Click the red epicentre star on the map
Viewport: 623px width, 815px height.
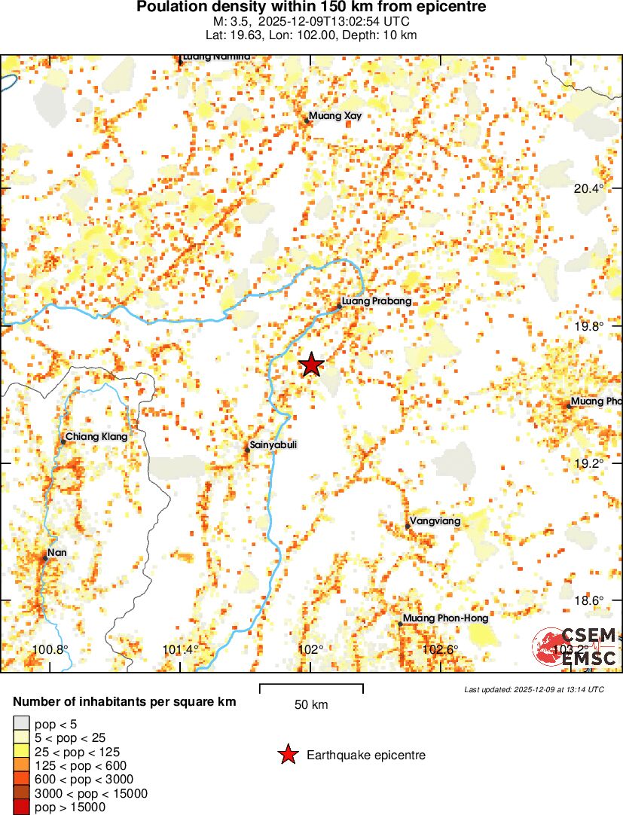pyautogui.click(x=311, y=365)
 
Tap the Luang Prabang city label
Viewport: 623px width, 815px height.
pyautogui.click(x=377, y=302)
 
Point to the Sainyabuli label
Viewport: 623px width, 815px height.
pyautogui.click(x=273, y=445)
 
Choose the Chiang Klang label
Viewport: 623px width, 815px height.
pyautogui.click(x=96, y=436)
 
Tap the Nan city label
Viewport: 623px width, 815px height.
pyautogui.click(x=57, y=554)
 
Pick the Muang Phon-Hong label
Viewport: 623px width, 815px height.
pyautogui.click(x=446, y=618)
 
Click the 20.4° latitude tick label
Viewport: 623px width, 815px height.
pyautogui.click(x=589, y=189)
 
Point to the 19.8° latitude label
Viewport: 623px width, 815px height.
pyautogui.click(x=589, y=327)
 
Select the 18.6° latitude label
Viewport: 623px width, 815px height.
pyautogui.click(x=589, y=600)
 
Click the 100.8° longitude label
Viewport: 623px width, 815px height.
pyautogui.click(x=51, y=650)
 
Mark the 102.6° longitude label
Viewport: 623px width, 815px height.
pyautogui.click(x=441, y=650)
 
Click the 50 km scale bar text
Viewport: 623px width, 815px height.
pyautogui.click(x=311, y=705)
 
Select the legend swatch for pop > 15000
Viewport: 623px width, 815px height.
pyautogui.click(x=22, y=807)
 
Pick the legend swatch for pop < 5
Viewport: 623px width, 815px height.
pyautogui.click(x=22, y=725)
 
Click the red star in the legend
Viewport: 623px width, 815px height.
pyautogui.click(x=287, y=755)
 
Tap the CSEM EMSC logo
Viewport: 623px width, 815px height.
pyautogui.click(x=576, y=647)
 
